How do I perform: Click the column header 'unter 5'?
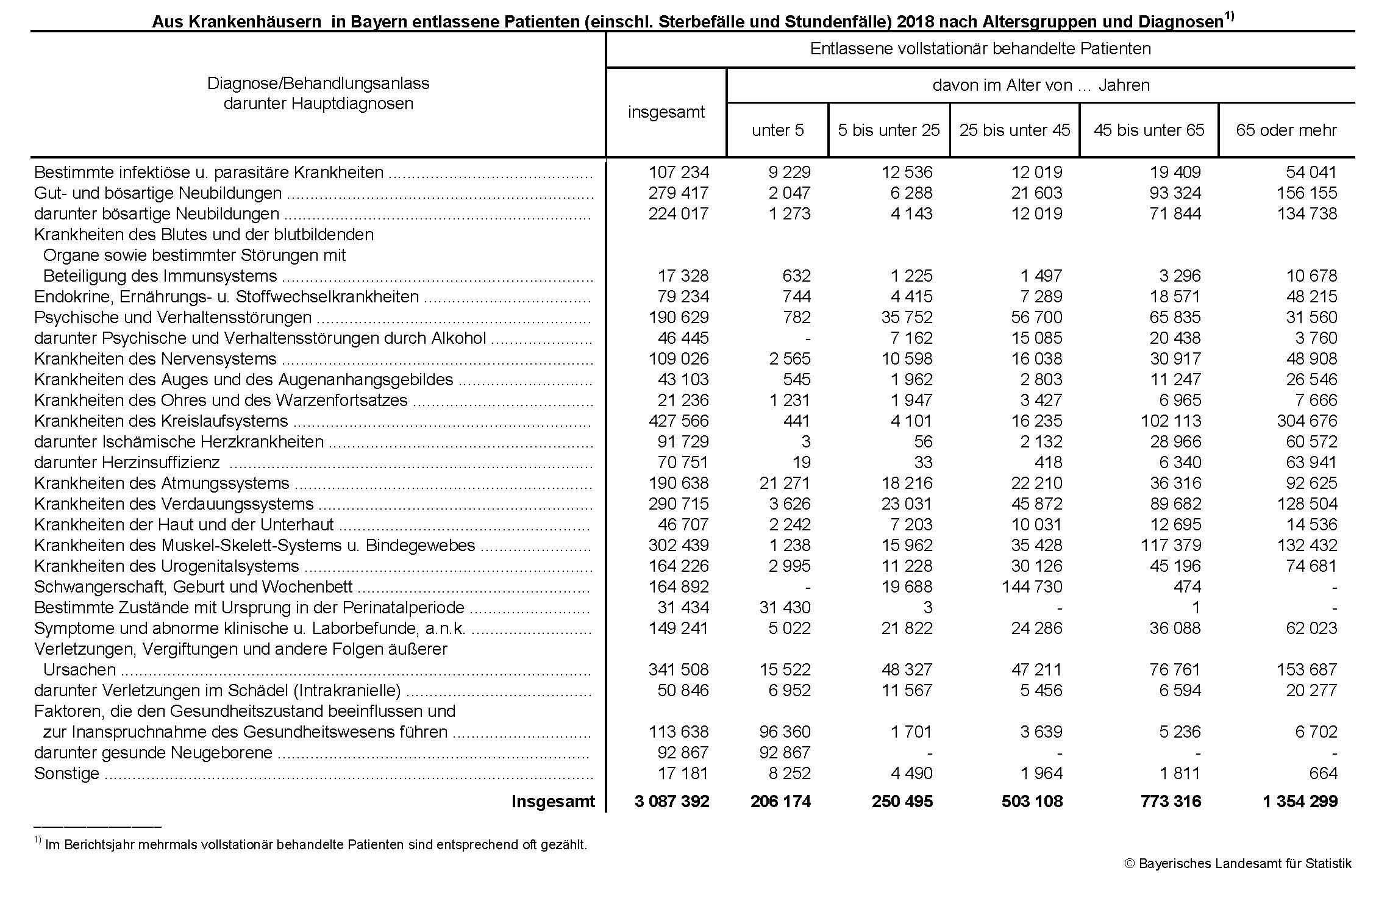777,130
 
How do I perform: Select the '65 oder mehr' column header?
1286,130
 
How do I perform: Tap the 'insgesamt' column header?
666,112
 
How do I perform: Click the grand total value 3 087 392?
671,801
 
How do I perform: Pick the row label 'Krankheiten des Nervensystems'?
155,359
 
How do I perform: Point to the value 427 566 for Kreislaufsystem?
678,421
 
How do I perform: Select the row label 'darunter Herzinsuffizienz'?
127,463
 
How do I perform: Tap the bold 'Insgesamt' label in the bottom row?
552,801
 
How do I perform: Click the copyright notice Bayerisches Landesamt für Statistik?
1238,863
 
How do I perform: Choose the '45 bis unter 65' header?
1149,130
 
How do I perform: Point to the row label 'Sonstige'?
66,774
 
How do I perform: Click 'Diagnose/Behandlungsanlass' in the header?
318,84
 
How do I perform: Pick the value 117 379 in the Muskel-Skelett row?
1171,546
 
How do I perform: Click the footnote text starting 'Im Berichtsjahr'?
316,845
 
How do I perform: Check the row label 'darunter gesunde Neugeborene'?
153,753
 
